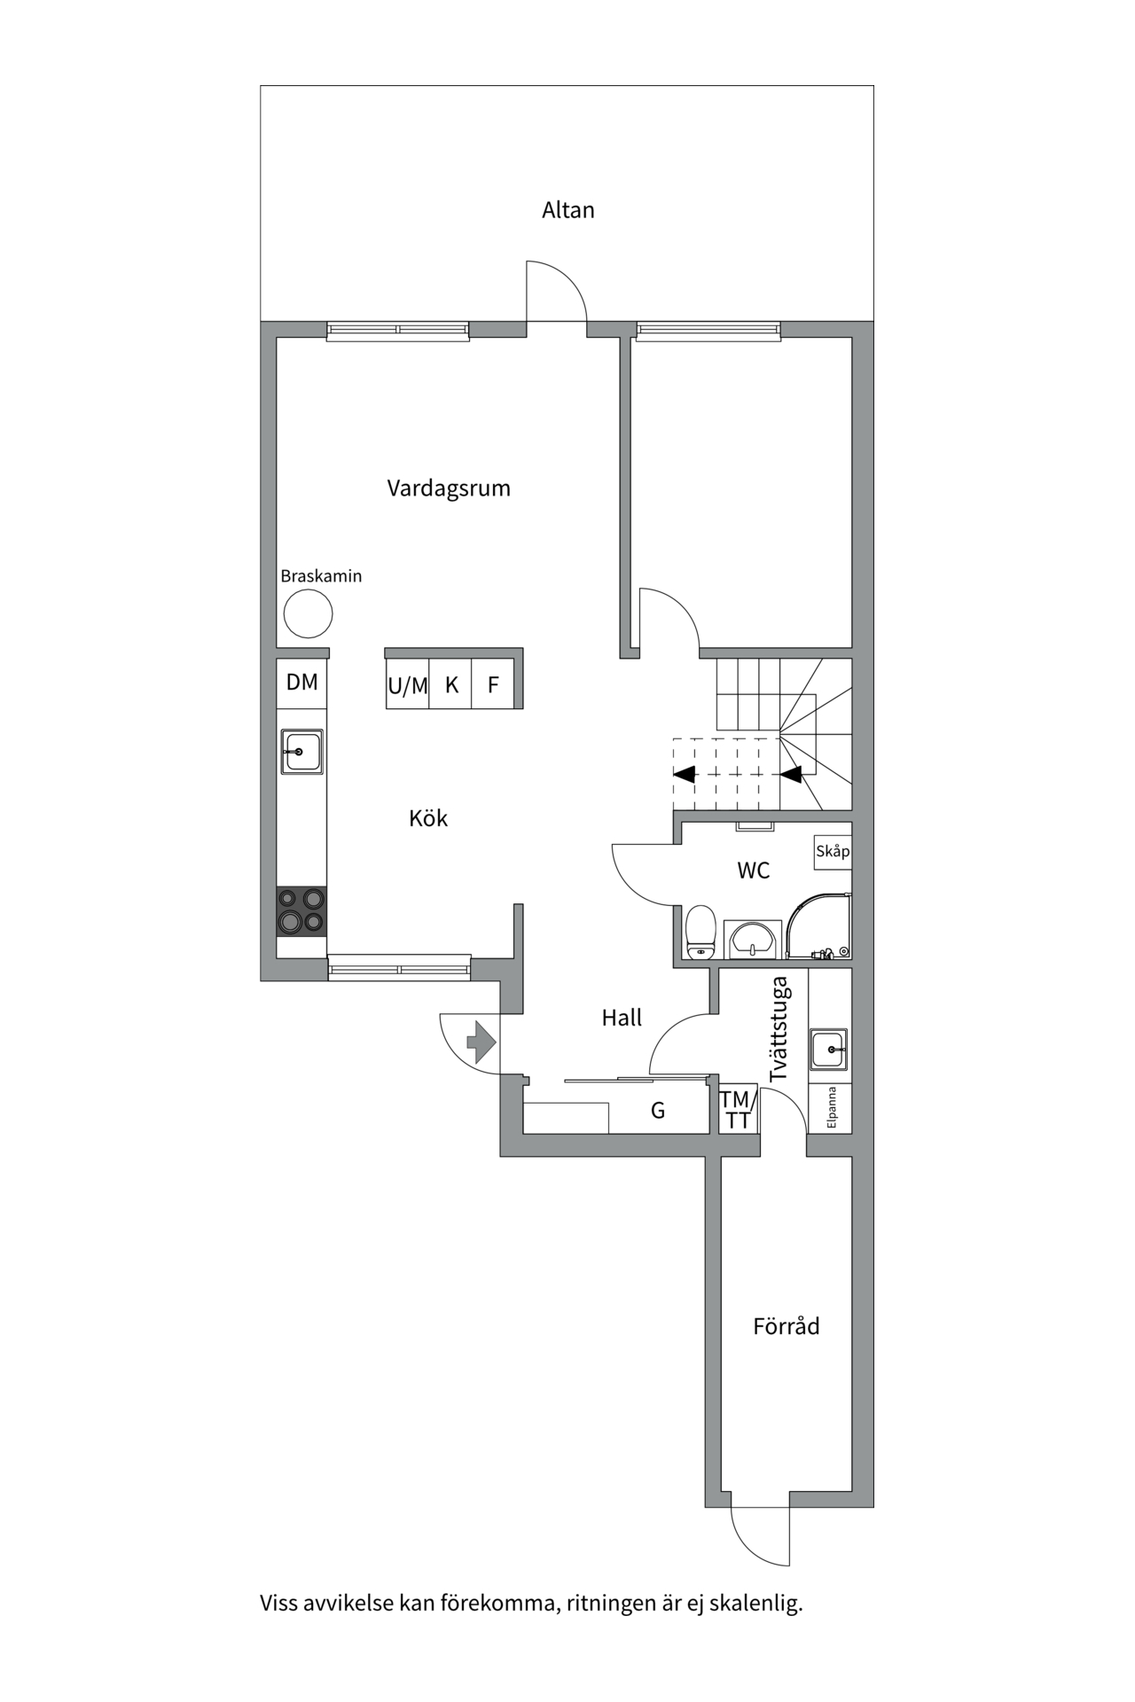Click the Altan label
click(x=568, y=210)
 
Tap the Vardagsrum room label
click(x=449, y=488)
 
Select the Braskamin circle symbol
click(x=308, y=613)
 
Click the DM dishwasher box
click(x=301, y=683)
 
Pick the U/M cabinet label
click(x=408, y=685)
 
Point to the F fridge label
click(x=494, y=685)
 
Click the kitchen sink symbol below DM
click(x=302, y=752)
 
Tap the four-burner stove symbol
click(x=301, y=911)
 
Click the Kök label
click(x=428, y=817)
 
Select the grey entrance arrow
click(x=480, y=1042)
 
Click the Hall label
click(x=622, y=1019)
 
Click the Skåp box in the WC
click(x=833, y=852)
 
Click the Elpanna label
click(x=832, y=1107)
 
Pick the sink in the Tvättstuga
click(x=829, y=1049)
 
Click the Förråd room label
click(x=787, y=1326)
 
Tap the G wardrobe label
click(x=658, y=1111)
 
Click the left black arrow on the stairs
click(x=684, y=774)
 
